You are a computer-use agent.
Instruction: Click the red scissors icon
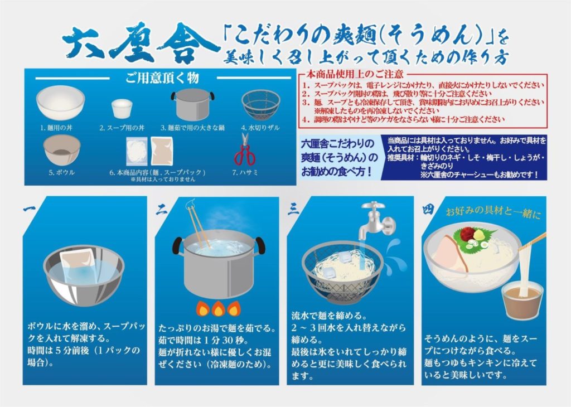(x=244, y=151)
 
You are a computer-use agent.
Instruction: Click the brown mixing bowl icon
(x=61, y=149)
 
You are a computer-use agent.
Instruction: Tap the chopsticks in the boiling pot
(x=199, y=228)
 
